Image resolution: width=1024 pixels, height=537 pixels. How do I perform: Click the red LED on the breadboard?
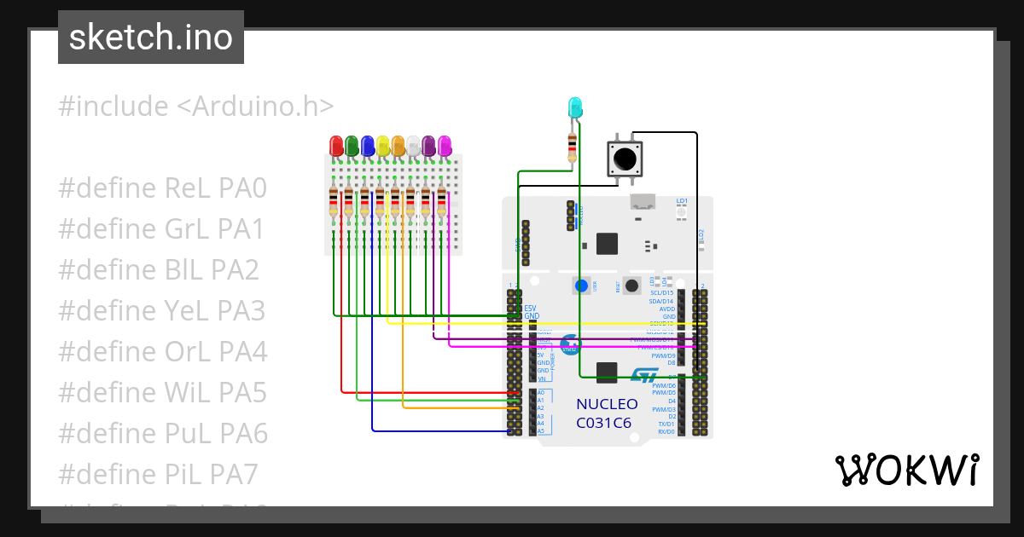336,145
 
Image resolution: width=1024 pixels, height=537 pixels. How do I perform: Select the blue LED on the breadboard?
367,145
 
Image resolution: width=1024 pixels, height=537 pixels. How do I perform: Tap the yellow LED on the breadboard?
383,145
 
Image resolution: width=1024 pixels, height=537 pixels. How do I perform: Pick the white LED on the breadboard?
413,146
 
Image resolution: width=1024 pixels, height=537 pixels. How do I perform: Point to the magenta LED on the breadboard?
444,146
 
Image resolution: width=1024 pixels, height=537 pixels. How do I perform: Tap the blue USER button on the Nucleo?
581,285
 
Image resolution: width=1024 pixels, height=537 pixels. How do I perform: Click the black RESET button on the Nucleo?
632,285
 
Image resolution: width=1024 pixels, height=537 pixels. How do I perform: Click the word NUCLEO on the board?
607,404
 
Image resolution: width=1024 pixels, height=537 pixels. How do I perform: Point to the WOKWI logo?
906,470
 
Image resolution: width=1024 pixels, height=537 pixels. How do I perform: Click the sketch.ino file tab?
151,38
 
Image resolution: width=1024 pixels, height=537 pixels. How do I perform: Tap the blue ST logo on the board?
645,375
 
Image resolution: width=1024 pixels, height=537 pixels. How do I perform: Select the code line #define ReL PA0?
163,188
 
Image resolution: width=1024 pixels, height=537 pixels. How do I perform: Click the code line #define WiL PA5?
163,393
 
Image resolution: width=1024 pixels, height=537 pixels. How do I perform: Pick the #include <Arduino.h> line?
195,107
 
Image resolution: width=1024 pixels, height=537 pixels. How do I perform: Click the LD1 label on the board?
682,201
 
